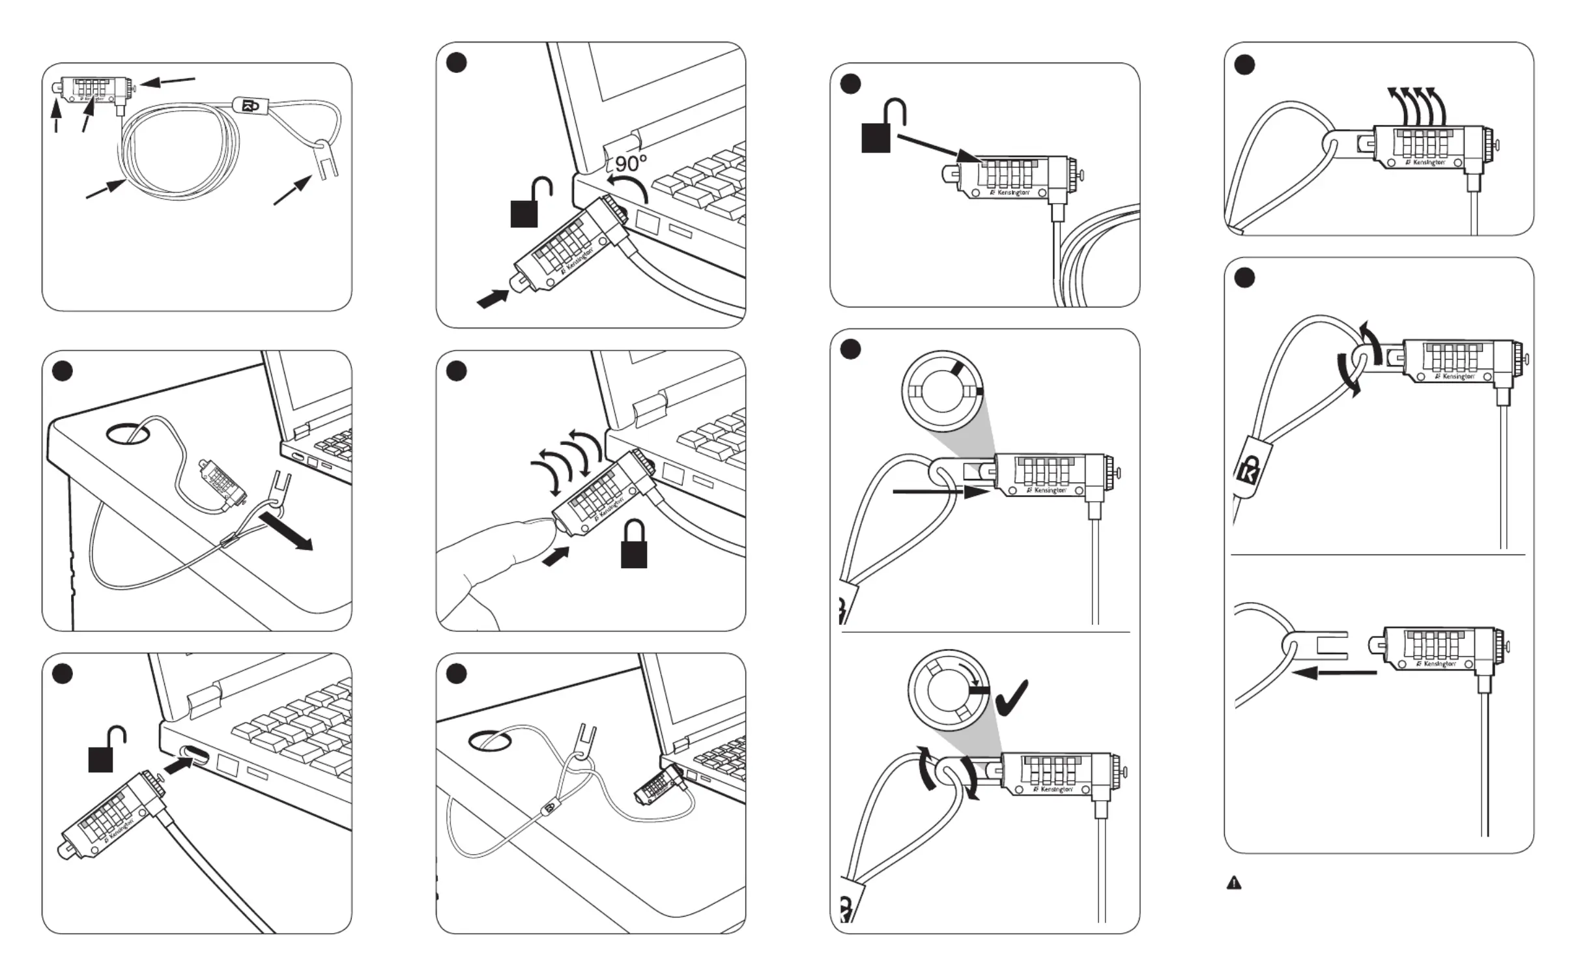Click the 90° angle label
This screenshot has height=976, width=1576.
coord(631,163)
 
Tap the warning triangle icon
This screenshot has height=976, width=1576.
coord(1233,883)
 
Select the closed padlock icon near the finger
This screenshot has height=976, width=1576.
coord(633,545)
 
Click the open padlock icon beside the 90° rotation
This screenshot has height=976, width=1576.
coord(530,203)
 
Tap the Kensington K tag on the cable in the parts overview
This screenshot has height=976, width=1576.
coord(251,106)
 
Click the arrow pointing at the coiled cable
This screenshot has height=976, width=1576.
coord(106,189)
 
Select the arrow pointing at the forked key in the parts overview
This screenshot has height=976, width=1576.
coord(291,192)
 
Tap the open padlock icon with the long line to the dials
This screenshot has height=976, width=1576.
coord(882,126)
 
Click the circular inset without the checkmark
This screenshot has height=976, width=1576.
coord(942,391)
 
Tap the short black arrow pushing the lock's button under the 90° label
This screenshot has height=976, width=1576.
coord(493,298)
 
